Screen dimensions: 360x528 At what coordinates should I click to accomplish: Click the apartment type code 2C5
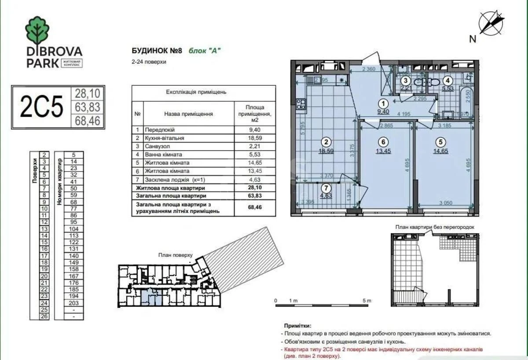tap(42, 107)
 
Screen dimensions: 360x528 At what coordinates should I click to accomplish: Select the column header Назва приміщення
tap(188, 114)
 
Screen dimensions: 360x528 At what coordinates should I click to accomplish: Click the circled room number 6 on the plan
tap(384, 142)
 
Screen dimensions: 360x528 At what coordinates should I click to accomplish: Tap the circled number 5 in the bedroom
tap(440, 142)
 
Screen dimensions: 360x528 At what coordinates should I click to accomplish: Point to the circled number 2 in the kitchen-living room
tap(326, 142)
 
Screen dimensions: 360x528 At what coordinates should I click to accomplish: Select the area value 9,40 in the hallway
tap(384, 112)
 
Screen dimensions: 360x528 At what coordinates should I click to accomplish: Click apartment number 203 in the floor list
tap(73, 303)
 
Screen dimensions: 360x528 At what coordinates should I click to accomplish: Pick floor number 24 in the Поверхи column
tap(44, 303)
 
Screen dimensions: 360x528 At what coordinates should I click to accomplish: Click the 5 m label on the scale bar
tap(367, 301)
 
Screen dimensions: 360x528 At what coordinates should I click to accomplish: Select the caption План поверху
tap(176, 255)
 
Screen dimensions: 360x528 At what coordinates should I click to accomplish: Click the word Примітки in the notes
tap(297, 327)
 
